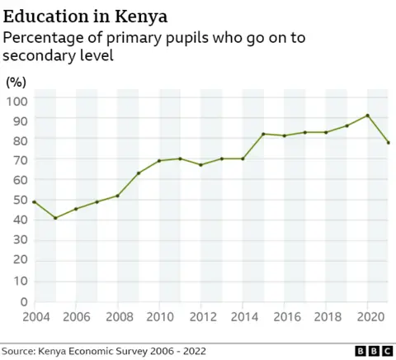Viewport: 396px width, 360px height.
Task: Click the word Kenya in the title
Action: pyautogui.click(x=136, y=16)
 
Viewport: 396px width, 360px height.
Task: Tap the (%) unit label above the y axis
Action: pyautogui.click(x=17, y=82)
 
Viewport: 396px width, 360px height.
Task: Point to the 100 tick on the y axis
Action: pyautogui.click(x=17, y=100)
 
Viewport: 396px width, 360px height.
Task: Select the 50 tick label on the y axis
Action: pyautogui.click(x=20, y=201)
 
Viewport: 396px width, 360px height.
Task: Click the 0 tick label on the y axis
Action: pyautogui.click(x=24, y=302)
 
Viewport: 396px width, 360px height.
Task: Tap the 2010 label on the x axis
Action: pyautogui.click(x=160, y=317)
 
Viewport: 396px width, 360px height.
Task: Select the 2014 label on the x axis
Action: pyautogui.click(x=243, y=317)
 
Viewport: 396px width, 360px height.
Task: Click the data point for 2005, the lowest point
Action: pyautogui.click(x=55, y=218)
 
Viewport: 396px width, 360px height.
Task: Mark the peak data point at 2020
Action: pyautogui.click(x=367, y=116)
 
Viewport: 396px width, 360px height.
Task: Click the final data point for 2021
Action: pyautogui.click(x=388, y=143)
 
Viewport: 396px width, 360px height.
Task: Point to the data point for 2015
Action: pyautogui.click(x=263, y=134)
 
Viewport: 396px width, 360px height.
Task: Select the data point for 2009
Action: pyautogui.click(x=139, y=173)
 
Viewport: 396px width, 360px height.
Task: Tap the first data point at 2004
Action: pyautogui.click(x=35, y=201)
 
